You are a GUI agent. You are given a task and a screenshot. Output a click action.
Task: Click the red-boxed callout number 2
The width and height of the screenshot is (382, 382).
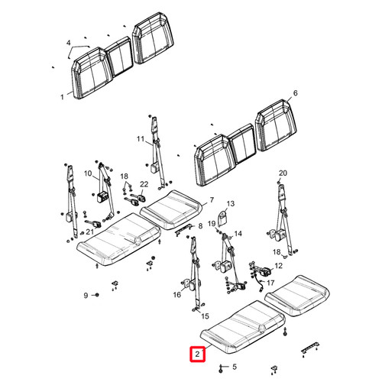pyautogui.click(x=197, y=354)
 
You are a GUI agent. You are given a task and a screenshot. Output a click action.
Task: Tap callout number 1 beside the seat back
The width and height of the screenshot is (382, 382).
pyautogui.click(x=62, y=97)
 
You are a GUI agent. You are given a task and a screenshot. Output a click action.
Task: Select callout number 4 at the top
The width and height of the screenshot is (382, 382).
pyautogui.click(x=68, y=43)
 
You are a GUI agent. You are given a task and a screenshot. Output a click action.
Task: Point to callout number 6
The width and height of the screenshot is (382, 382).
pyautogui.click(x=295, y=93)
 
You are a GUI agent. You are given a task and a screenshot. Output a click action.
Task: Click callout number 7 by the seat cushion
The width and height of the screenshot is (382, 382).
pyautogui.click(x=212, y=200)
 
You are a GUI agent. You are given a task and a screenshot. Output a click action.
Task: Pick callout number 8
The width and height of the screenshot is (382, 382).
pyautogui.click(x=200, y=226)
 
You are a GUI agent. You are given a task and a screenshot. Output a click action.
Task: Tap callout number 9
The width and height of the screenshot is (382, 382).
pyautogui.click(x=86, y=296)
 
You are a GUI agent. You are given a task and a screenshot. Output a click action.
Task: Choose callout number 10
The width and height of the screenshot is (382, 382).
pyautogui.click(x=88, y=173)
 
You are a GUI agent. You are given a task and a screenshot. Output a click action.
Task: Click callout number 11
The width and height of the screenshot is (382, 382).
pyautogui.click(x=141, y=139)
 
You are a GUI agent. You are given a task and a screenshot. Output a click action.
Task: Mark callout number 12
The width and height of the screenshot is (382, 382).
pyautogui.click(x=279, y=266)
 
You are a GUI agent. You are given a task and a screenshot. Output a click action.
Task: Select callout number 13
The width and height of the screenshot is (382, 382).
pyautogui.click(x=231, y=204)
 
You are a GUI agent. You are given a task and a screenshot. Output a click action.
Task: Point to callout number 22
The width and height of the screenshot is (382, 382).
pyautogui.click(x=144, y=184)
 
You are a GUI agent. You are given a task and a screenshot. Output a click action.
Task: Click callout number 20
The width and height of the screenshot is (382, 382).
pyautogui.click(x=283, y=173)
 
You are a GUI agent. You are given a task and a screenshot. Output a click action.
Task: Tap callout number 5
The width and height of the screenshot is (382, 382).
pyautogui.click(x=235, y=367)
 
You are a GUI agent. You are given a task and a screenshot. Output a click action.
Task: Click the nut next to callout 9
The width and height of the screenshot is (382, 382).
pyautogui.click(x=97, y=295)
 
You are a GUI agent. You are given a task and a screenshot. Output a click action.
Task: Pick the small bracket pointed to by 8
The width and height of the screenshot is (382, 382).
pyautogui.click(x=183, y=229)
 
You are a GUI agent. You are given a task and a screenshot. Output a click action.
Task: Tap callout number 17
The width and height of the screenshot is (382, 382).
pyautogui.click(x=270, y=283)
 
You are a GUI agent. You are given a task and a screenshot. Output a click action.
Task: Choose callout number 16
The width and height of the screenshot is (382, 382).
pyautogui.click(x=177, y=295)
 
